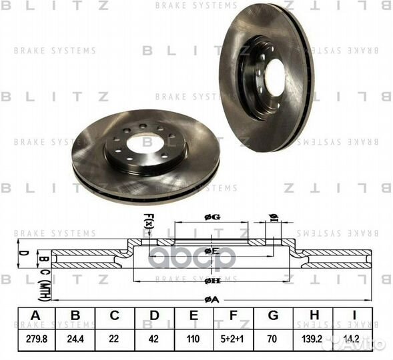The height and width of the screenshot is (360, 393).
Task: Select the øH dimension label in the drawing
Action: pos(212,280)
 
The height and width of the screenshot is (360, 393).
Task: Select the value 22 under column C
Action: pos(115,339)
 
